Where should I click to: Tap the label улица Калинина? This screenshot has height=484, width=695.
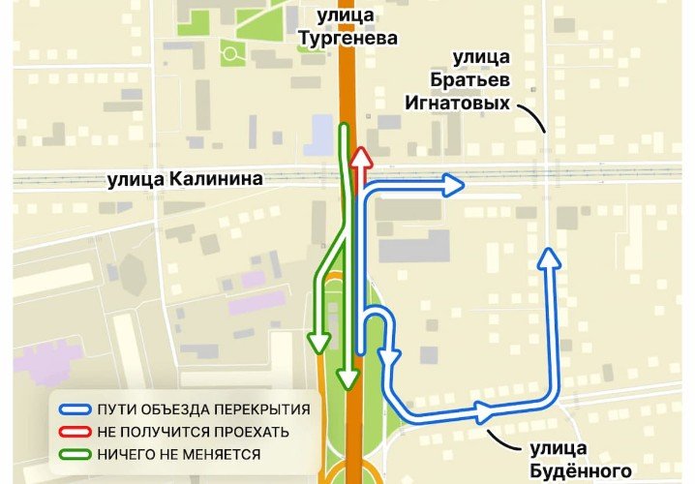(185, 178)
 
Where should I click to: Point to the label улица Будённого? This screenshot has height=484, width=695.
(577, 459)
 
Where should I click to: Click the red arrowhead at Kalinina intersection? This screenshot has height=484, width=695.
(360, 158)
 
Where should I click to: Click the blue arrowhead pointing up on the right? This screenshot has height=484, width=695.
(550, 257)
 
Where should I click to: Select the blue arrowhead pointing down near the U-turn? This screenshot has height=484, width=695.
(390, 359)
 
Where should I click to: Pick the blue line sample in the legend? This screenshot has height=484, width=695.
(74, 408)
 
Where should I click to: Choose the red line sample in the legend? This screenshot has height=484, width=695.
(74, 431)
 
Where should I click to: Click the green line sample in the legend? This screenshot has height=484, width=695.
(74, 453)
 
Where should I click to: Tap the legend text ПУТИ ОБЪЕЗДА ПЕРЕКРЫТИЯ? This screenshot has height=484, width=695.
(203, 408)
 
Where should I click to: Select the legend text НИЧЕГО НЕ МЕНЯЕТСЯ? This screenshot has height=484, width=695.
(178, 453)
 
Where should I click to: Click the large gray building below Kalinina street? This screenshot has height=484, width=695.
(414, 246)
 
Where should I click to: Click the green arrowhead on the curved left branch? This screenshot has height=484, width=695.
(317, 342)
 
